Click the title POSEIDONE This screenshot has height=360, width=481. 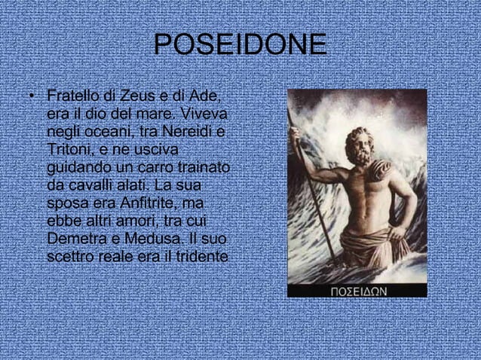click(240, 45)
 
